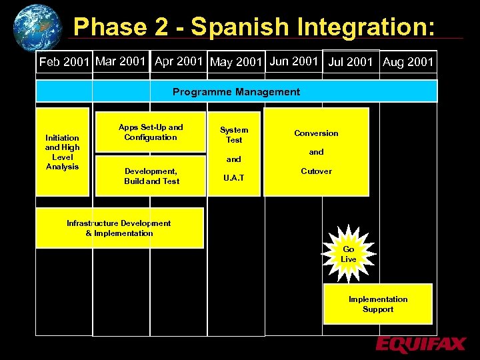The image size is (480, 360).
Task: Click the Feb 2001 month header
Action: coord(64,62)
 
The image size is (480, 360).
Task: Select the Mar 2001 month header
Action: coord(121,61)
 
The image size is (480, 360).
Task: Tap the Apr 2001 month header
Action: coord(179,61)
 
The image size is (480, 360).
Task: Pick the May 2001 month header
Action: coord(237,62)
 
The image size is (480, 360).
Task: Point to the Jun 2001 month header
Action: coord(294,61)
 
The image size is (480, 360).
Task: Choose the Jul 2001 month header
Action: coord(351,62)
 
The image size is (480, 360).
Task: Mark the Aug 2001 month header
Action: coord(408,62)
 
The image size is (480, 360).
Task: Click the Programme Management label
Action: coord(236,92)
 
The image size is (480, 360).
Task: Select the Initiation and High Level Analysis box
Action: coord(62,152)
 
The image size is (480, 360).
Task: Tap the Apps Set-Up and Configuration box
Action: coord(151,132)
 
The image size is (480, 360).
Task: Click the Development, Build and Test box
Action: coord(151,176)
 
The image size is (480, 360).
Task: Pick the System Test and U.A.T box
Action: coord(234,152)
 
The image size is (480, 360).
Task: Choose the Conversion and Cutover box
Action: coord(316,152)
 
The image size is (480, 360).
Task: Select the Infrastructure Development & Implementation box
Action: coord(119,228)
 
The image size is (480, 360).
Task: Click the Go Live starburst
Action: coord(348,254)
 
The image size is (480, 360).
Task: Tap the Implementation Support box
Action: coord(378,304)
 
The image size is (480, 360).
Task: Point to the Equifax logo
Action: coord(420,345)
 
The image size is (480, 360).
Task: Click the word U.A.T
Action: coord(234,178)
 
